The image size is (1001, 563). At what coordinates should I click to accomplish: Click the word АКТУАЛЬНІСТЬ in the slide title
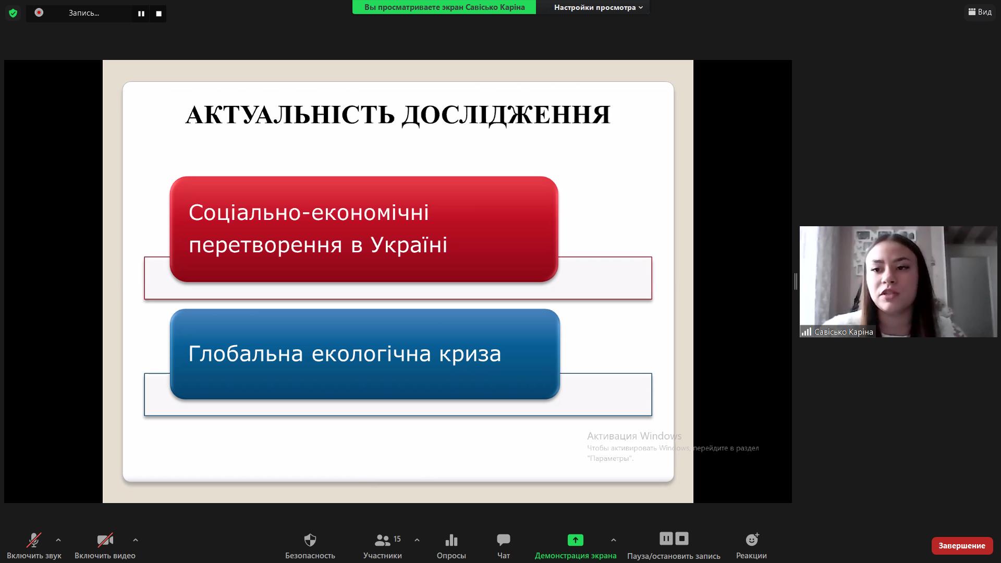290,115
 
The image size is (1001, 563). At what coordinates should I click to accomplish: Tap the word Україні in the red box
409,244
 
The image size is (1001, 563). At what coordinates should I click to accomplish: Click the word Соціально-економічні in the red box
309,212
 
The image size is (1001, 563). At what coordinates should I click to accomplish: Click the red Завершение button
962,546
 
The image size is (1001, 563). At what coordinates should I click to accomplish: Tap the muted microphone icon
34,540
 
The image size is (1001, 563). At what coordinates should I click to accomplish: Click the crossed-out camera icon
105,540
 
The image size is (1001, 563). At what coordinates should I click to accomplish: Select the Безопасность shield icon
310,540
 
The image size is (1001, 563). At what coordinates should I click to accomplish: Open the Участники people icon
382,540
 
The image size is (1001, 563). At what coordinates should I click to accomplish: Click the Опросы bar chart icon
451,540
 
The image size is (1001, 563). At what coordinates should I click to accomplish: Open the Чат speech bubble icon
504,540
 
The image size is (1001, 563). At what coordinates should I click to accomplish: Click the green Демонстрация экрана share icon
576,540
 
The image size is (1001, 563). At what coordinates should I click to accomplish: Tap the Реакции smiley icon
752,539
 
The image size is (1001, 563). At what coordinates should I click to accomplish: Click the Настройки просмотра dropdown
598,7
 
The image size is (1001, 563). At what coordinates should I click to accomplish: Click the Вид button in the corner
980,11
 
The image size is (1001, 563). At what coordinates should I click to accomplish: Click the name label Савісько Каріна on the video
844,332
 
